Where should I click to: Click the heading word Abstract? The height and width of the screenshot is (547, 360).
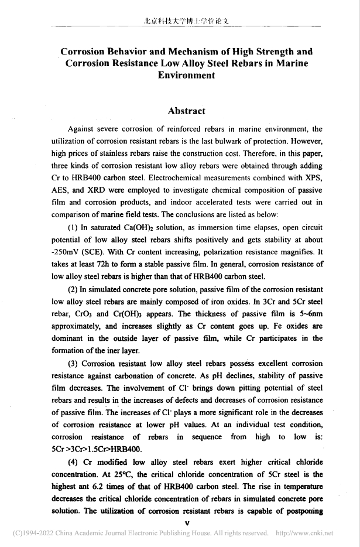click(186, 111)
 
